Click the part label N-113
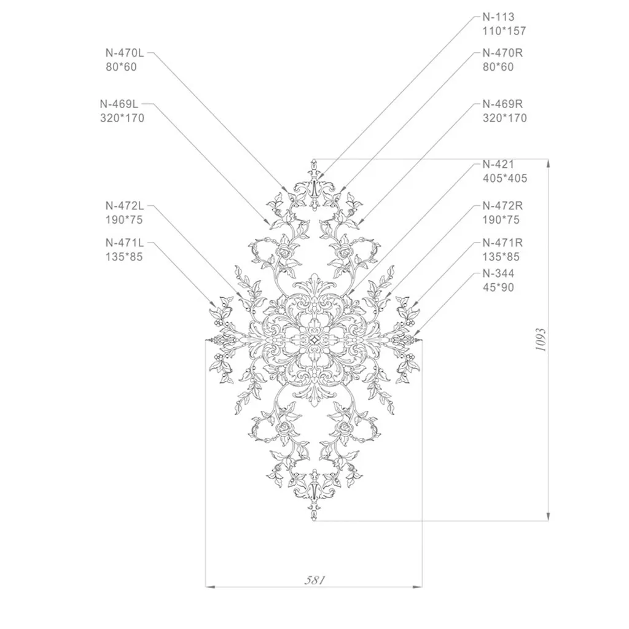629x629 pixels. click(x=498, y=17)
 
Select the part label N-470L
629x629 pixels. click(x=125, y=53)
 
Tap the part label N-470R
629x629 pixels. click(x=502, y=53)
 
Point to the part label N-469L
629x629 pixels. click(x=119, y=104)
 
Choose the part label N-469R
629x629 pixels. click(x=502, y=104)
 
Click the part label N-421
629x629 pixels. click(x=498, y=165)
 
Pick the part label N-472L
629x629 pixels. click(x=125, y=206)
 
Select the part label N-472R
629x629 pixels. click(x=502, y=206)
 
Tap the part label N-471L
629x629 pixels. click(x=125, y=243)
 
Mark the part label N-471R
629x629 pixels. click(x=502, y=243)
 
